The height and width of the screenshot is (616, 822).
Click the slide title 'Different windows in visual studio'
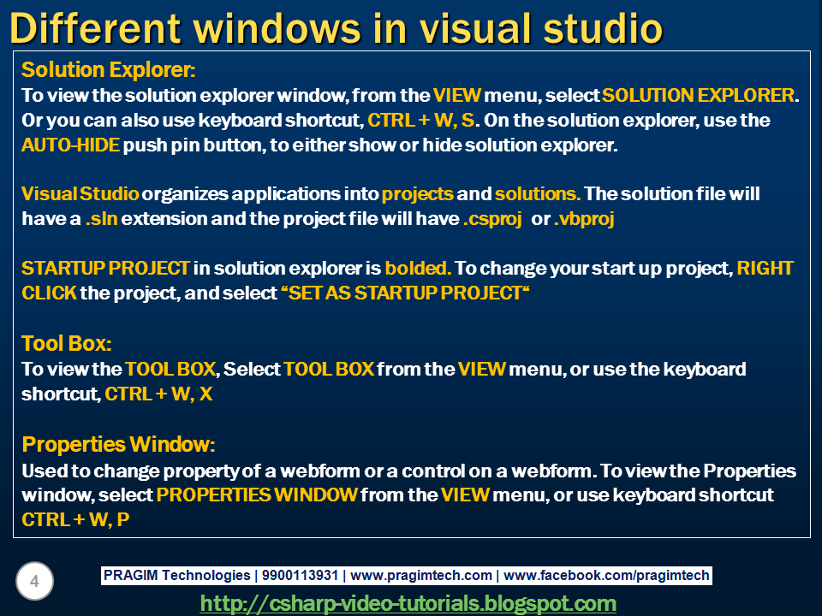click(x=336, y=28)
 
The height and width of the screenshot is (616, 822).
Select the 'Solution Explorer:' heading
click(x=109, y=69)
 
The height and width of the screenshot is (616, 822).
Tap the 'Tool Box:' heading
click(x=67, y=344)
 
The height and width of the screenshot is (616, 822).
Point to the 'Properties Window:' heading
click(x=118, y=445)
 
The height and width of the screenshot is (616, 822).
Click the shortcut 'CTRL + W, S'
click(x=421, y=121)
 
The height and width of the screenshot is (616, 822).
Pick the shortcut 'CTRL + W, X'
click(x=159, y=394)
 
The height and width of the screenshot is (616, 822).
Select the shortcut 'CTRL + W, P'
click(x=75, y=519)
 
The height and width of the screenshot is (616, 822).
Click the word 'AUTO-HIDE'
click(x=71, y=145)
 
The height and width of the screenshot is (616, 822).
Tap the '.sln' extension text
click(x=102, y=218)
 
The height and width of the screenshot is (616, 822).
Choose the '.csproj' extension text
click(x=493, y=219)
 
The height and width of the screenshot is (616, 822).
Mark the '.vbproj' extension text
click(x=584, y=219)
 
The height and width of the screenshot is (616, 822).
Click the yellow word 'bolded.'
click(x=418, y=268)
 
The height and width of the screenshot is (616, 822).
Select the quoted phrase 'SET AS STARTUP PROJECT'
click(x=405, y=293)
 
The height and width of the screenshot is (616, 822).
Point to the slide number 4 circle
click(x=34, y=581)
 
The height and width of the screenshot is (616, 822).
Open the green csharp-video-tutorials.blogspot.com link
click(x=408, y=603)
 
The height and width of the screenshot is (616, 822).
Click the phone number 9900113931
click(x=300, y=576)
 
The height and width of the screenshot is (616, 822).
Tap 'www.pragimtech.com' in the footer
click(x=421, y=576)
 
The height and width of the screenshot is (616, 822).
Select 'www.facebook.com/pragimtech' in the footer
click(x=606, y=576)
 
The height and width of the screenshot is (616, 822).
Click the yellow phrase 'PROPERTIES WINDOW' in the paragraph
click(x=257, y=495)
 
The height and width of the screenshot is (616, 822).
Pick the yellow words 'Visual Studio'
click(x=80, y=194)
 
